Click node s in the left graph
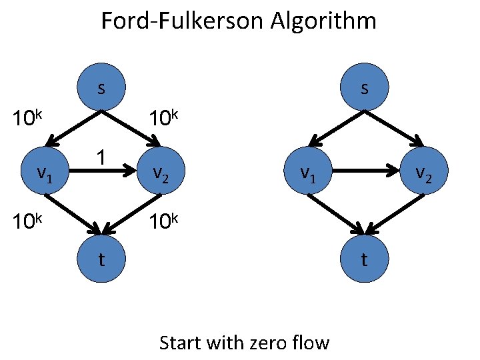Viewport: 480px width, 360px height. (x=101, y=89)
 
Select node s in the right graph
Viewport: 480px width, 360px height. (x=364, y=89)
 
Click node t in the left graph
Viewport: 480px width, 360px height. (x=101, y=259)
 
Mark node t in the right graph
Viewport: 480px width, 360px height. (x=364, y=259)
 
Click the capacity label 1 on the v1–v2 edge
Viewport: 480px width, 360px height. (x=100, y=157)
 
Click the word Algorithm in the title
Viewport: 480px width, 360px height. (x=323, y=21)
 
